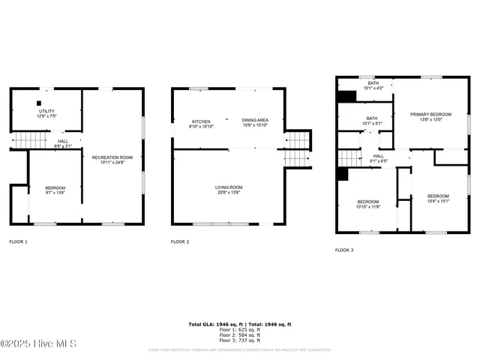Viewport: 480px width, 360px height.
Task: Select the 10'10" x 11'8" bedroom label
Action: (367, 203)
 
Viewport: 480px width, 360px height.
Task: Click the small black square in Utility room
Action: (37, 103)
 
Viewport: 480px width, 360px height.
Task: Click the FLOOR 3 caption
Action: (344, 250)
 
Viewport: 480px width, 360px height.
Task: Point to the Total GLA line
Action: (239, 324)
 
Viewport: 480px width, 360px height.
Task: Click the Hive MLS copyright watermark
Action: (38, 344)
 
